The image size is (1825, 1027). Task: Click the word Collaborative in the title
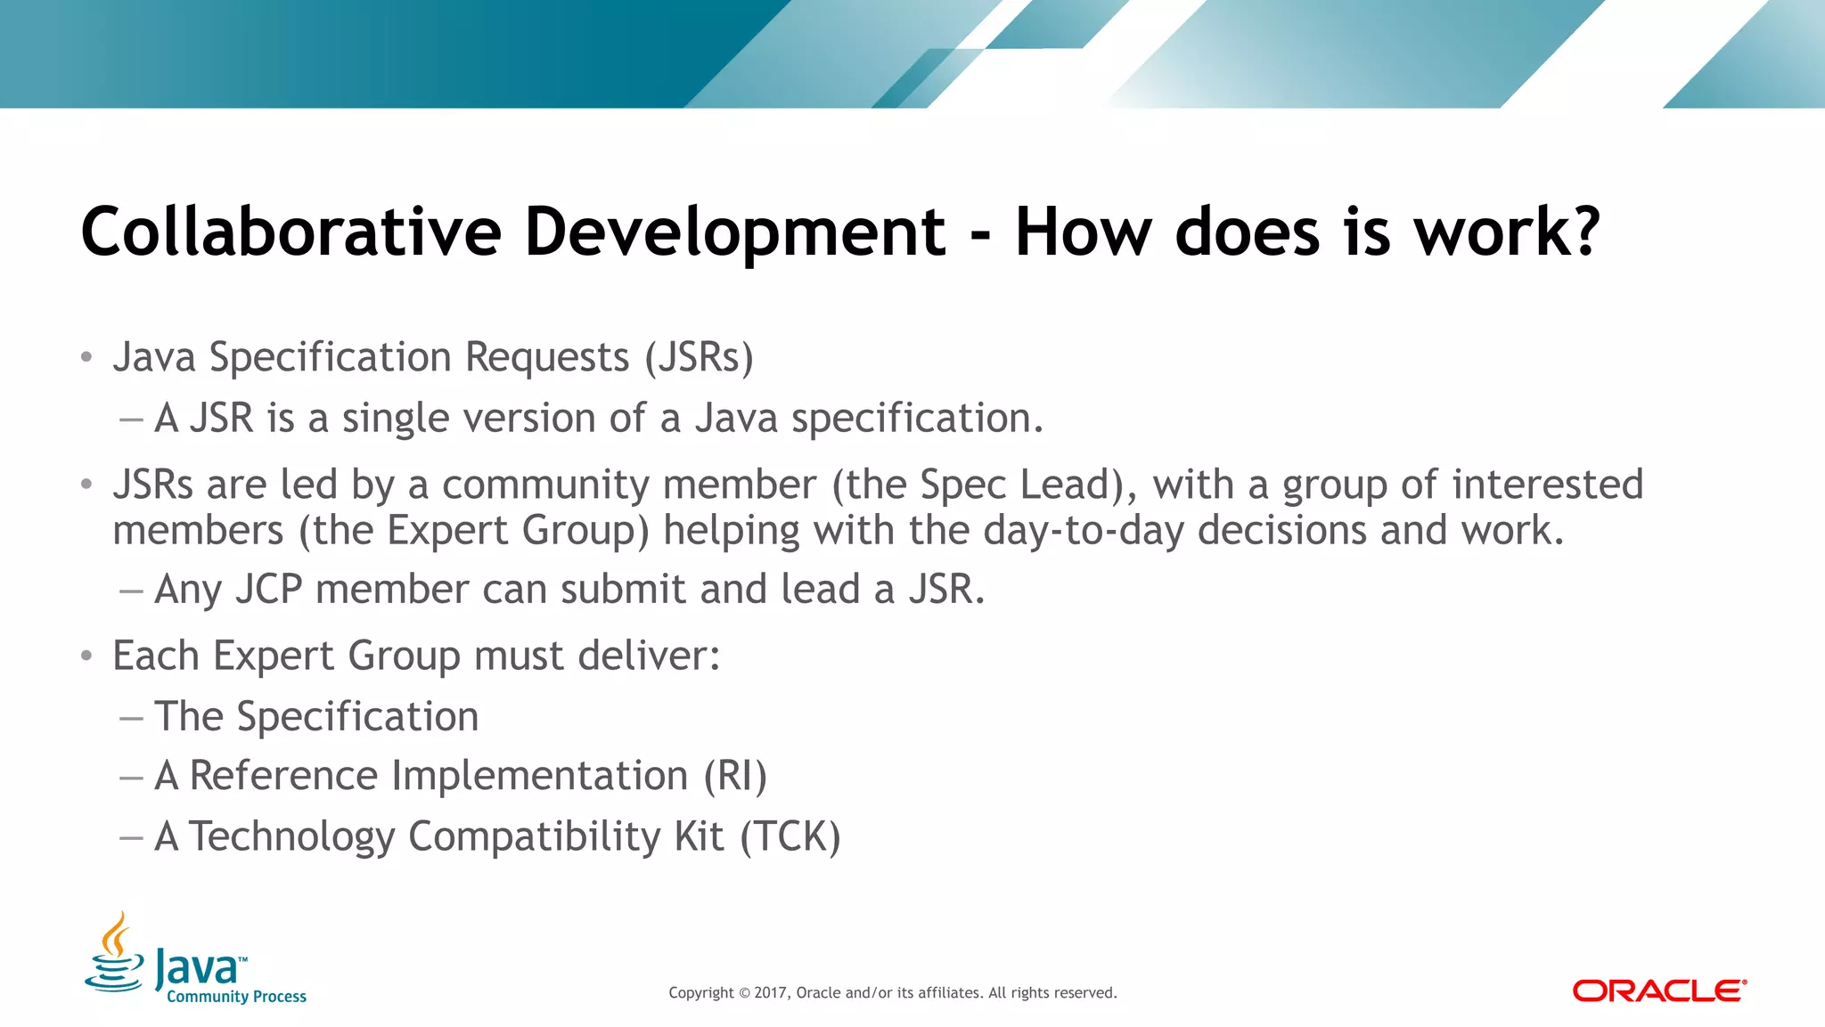coord(291,232)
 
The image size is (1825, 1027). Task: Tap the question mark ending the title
coord(1581,232)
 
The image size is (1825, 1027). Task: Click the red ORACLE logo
coord(1658,990)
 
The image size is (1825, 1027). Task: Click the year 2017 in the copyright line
coord(771,993)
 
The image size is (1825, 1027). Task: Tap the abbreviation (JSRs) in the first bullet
coord(699,358)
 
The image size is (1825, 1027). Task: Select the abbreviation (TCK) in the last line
coord(790,837)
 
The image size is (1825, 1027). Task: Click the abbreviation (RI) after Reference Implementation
coord(735,776)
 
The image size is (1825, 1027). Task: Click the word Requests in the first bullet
coord(547,358)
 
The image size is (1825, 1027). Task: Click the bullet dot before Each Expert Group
coord(86,656)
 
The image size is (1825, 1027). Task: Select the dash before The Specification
coord(131,718)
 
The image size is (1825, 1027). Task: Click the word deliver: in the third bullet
coord(648,656)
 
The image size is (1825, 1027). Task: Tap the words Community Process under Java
coord(236,997)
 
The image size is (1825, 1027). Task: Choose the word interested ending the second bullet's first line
coord(1547,485)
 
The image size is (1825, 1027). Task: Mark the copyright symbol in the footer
coord(745,993)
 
